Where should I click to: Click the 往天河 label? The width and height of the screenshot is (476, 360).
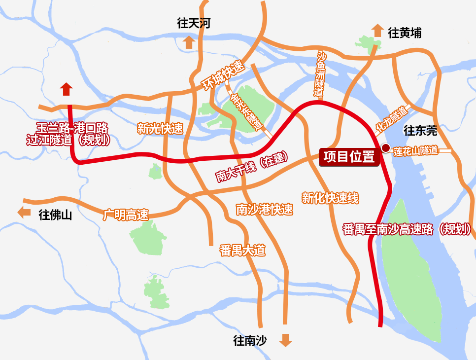point(194,23)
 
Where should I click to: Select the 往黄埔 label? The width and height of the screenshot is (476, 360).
point(405,33)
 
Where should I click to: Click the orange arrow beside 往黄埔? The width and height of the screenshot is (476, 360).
point(377,31)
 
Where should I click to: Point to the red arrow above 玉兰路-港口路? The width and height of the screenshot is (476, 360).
point(67,89)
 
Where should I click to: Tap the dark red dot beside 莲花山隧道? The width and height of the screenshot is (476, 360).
point(386,148)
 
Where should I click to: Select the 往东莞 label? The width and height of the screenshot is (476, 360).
point(420,131)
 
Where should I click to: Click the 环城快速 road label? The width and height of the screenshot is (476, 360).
point(223,75)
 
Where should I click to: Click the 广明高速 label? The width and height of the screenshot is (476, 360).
point(126,215)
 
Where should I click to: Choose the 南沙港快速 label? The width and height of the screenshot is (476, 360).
point(264,210)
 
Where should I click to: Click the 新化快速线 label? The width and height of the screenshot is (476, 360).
point(330,198)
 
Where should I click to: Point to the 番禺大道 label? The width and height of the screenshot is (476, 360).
point(242,251)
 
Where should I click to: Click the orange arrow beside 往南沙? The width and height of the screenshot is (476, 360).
point(285,340)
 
